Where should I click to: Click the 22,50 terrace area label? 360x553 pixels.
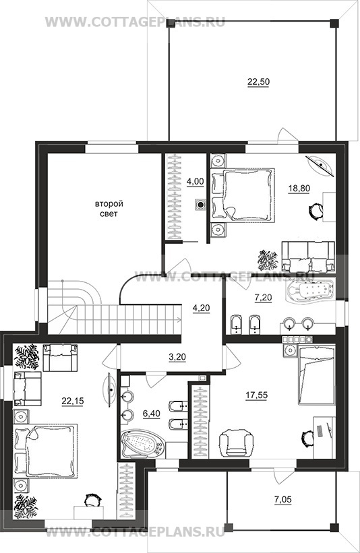click(x=258, y=82)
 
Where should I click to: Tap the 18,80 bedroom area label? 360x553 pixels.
click(x=299, y=189)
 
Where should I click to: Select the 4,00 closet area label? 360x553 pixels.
click(x=196, y=181)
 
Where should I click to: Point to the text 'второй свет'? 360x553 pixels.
click(x=109, y=209)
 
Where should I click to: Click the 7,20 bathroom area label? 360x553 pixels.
click(x=263, y=298)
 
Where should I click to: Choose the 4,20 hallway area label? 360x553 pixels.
click(x=201, y=308)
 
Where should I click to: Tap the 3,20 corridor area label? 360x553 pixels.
click(x=177, y=357)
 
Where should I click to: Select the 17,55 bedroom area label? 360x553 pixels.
click(x=257, y=395)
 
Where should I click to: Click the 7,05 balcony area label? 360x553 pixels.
click(x=283, y=499)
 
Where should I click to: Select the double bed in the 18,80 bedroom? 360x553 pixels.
click(x=243, y=195)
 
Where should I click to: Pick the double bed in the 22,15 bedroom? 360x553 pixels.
click(x=45, y=451)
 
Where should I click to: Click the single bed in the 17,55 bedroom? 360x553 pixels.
click(x=317, y=375)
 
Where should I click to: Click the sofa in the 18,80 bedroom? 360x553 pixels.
click(x=308, y=257)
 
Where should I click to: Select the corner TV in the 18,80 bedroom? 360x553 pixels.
click(x=321, y=165)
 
